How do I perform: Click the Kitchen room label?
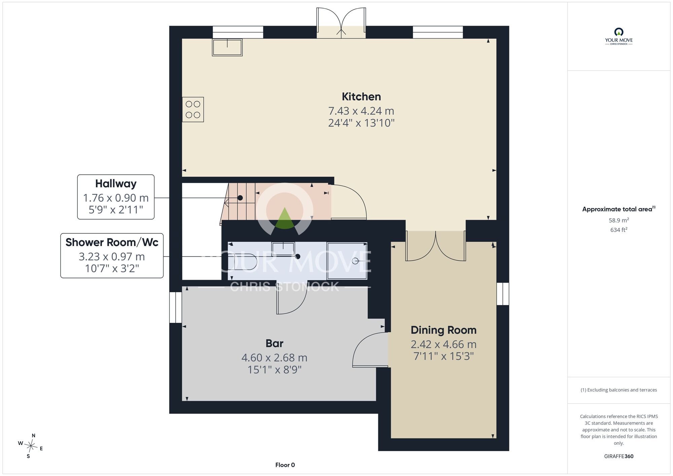[361, 97]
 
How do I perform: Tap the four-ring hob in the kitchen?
[193, 109]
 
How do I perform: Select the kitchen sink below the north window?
[227, 47]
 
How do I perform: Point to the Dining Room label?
[444, 330]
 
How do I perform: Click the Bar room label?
[275, 343]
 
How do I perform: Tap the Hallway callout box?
[116, 197]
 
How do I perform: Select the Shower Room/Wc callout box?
[112, 256]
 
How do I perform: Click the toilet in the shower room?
[242, 262]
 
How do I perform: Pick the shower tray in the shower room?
[347, 261]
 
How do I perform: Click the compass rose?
[31, 446]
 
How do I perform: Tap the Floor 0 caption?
[285, 465]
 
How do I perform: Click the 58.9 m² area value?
[619, 220]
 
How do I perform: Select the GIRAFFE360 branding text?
[619, 456]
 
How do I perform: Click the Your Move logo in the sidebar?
[619, 36]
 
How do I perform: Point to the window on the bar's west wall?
[176, 307]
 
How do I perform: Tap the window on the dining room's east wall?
[503, 294]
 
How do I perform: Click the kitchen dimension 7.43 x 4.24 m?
[361, 111]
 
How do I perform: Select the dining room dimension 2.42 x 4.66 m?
[444, 344]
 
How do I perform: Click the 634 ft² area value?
[619, 230]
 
